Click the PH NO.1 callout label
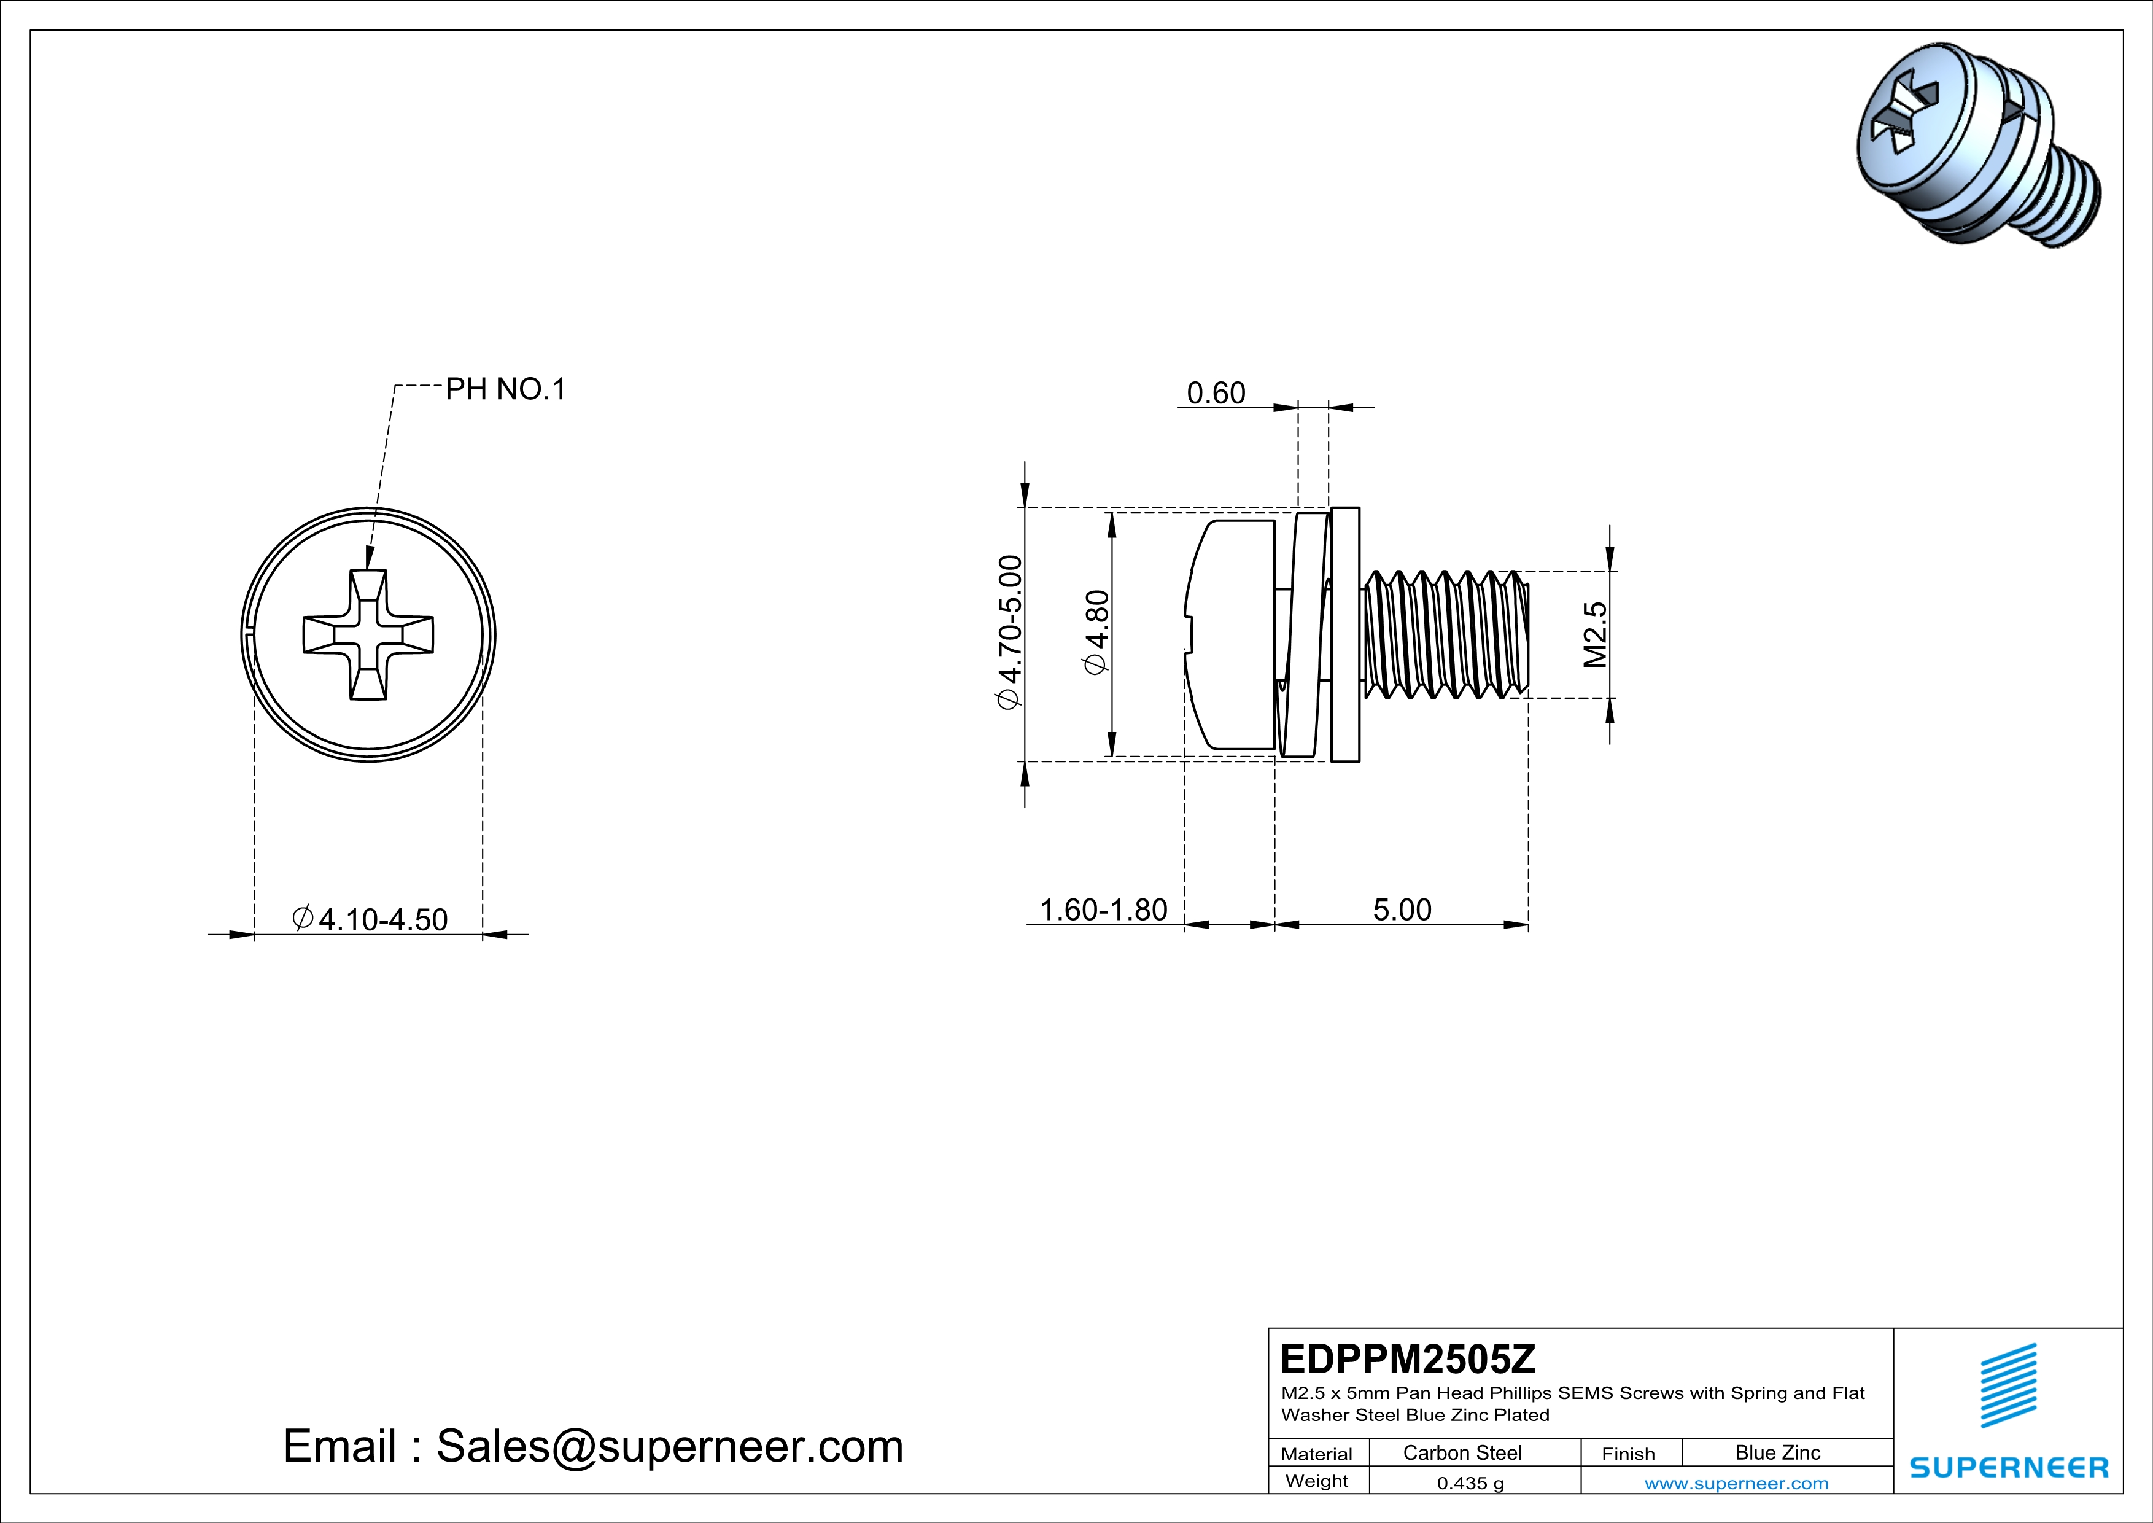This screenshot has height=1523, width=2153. click(505, 389)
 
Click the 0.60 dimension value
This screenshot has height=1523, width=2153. click(1216, 393)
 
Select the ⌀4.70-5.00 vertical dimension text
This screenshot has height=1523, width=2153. click(1009, 633)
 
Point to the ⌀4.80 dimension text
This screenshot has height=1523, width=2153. click(1096, 632)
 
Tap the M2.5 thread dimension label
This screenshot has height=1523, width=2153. click(1595, 635)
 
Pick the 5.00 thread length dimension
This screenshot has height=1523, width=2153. click(1402, 910)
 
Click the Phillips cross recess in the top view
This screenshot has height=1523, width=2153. click(368, 635)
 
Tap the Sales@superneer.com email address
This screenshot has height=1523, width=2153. click(670, 1446)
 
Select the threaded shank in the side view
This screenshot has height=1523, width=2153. click(1444, 635)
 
